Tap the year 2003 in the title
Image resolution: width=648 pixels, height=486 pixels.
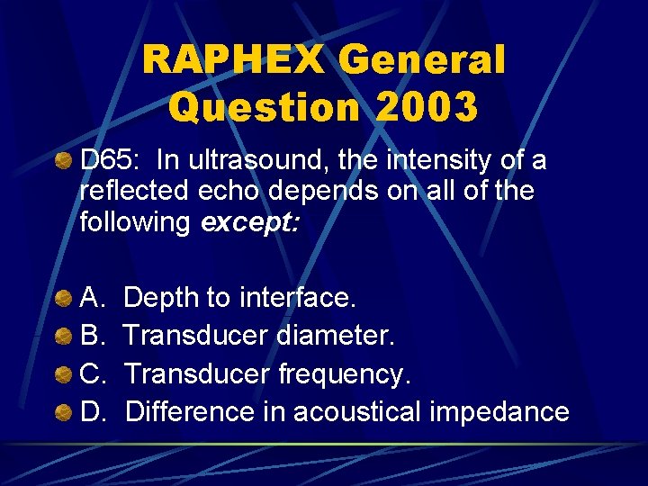(427, 107)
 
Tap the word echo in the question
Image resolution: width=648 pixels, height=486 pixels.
(232, 192)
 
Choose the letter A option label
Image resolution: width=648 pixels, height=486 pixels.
(92, 296)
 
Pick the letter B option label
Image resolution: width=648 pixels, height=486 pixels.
(92, 335)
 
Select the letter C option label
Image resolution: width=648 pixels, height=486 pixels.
(92, 373)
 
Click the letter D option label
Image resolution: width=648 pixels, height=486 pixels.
(92, 412)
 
